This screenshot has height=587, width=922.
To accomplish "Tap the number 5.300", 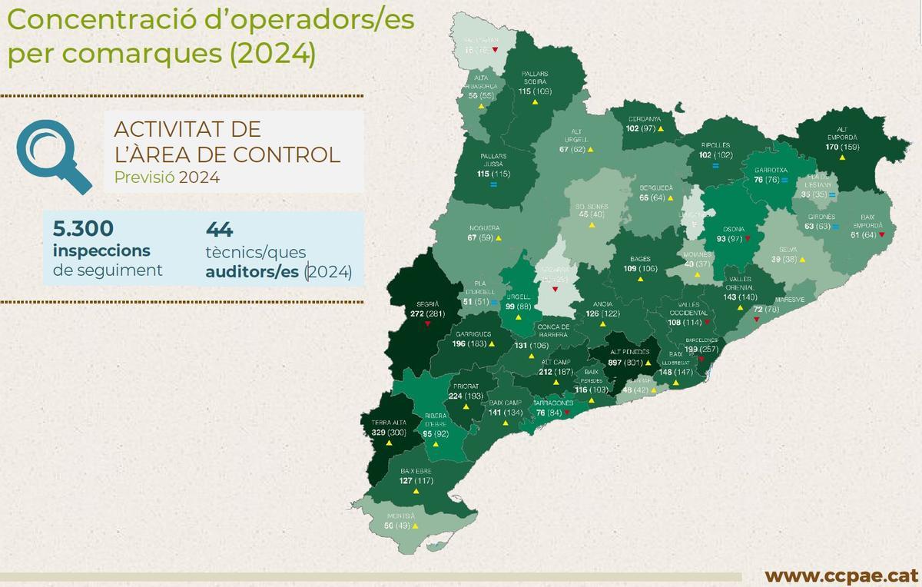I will (84, 228).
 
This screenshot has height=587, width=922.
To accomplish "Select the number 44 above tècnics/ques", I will (220, 229).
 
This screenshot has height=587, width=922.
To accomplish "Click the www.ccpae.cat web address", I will (841, 575).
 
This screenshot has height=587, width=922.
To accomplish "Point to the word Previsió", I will (144, 177).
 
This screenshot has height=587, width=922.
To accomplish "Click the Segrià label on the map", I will (426, 303).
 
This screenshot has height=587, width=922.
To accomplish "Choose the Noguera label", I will (483, 228).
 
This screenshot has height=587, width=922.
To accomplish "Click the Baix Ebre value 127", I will (407, 481).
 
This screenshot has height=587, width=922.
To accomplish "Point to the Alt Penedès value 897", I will (614, 362).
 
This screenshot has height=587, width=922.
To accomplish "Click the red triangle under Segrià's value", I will (427, 324).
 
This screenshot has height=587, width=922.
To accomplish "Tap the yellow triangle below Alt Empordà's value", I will (842, 157).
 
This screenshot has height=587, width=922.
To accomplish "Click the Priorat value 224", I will (455, 396).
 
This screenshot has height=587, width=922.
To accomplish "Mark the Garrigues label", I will (473, 334).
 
